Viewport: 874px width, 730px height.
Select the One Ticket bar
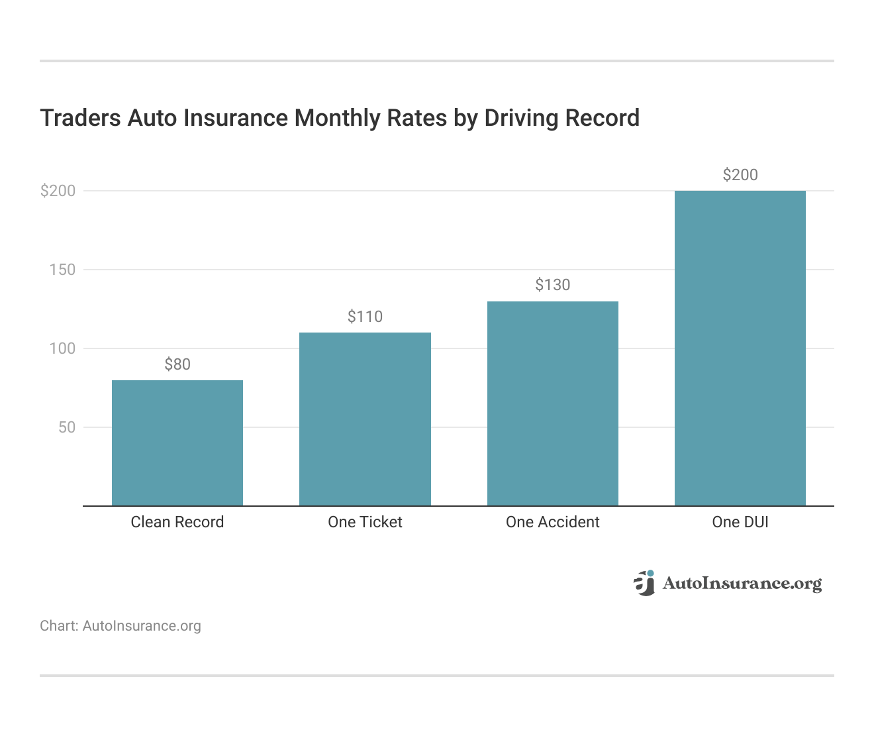(365, 419)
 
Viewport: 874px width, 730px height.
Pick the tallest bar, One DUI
(740, 348)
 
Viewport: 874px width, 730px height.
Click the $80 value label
(177, 364)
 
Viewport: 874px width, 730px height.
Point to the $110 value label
(365, 317)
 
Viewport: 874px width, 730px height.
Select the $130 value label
(552, 285)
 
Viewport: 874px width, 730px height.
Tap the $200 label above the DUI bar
(740, 175)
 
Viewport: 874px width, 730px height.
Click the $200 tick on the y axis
(58, 191)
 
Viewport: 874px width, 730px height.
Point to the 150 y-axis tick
(62, 270)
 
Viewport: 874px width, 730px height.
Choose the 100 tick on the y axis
(62, 348)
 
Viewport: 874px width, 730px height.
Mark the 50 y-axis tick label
(67, 427)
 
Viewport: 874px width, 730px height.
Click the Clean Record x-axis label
(177, 522)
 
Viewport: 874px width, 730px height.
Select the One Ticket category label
(365, 522)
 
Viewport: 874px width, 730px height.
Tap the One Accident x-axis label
(552, 522)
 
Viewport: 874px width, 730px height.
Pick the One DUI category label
(740, 522)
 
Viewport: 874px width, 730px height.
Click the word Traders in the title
(80, 118)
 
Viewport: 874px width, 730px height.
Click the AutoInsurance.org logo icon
(644, 583)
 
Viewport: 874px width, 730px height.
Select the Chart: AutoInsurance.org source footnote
(121, 626)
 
